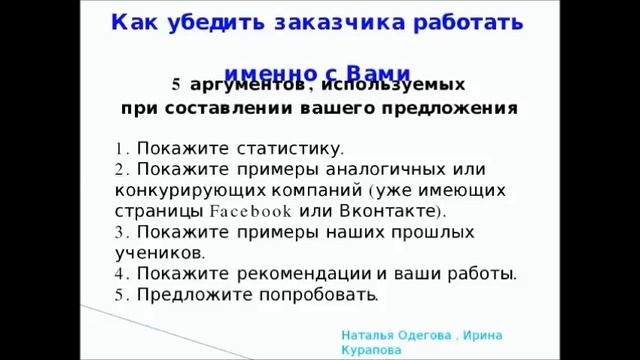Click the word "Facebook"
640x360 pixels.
(x=251, y=211)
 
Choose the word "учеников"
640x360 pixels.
(x=160, y=252)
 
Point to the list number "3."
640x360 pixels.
(x=122, y=231)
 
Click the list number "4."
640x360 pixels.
(x=122, y=273)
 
